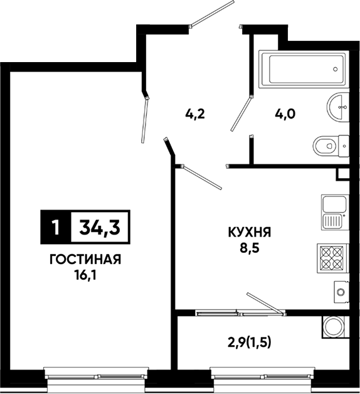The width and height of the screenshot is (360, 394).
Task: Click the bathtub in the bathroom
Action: point(304,69)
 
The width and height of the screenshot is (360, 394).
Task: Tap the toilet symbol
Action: point(331,146)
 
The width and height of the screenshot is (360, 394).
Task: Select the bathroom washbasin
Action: point(339,107)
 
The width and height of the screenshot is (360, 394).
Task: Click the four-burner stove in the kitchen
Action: point(333,258)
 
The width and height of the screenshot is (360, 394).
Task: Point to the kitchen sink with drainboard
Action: point(335,212)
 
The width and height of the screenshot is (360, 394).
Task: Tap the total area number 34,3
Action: point(100,227)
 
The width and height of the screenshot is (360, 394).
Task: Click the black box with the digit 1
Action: point(56,227)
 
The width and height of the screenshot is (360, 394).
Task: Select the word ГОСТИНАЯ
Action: point(85,260)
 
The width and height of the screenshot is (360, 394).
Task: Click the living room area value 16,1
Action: point(85,276)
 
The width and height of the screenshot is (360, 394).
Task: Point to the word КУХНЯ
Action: point(250,232)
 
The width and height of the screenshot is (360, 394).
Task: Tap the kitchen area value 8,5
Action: point(250,248)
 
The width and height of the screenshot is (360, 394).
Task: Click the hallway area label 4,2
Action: point(195,115)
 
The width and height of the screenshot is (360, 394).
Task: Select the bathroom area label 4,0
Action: point(285,115)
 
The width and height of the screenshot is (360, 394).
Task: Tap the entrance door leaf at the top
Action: point(212,14)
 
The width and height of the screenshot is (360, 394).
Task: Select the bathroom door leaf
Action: point(241,114)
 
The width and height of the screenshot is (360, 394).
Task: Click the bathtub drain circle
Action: point(335,69)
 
